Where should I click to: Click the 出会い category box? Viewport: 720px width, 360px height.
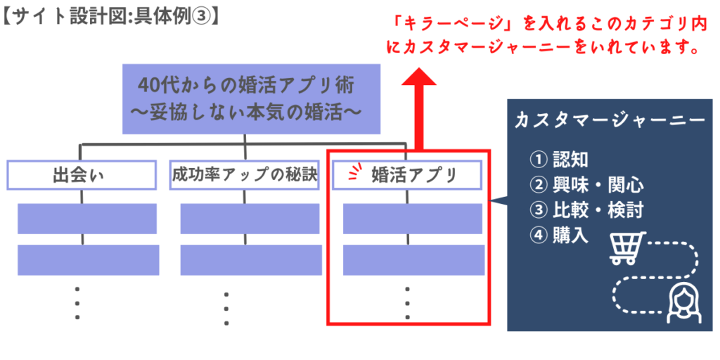pyautogui.click(x=82, y=175)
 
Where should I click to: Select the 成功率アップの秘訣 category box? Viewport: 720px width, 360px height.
pyautogui.click(x=244, y=175)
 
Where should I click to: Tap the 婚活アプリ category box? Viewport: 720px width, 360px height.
pyautogui.click(x=407, y=175)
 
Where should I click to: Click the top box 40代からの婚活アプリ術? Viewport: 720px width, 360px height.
pyautogui.click(x=251, y=98)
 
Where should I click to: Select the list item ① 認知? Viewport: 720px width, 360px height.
pyautogui.click(x=558, y=160)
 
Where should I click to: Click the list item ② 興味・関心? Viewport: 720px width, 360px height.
pyautogui.click(x=586, y=186)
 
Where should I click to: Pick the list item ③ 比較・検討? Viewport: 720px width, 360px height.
pyautogui.click(x=586, y=211)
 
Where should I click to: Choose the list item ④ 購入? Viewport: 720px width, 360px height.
pyautogui.click(x=558, y=236)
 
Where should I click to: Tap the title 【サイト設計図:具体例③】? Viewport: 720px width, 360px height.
pyautogui.click(x=112, y=17)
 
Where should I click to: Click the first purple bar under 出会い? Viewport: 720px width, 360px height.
pyautogui.click(x=87, y=219)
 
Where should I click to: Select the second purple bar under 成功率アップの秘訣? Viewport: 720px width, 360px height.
pyautogui.click(x=251, y=260)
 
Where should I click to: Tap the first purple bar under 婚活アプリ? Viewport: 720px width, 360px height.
pyautogui.click(x=412, y=219)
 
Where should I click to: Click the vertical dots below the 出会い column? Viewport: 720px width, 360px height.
pyautogui.click(x=77, y=303)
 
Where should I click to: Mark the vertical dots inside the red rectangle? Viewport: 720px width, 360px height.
pyautogui.click(x=407, y=303)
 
